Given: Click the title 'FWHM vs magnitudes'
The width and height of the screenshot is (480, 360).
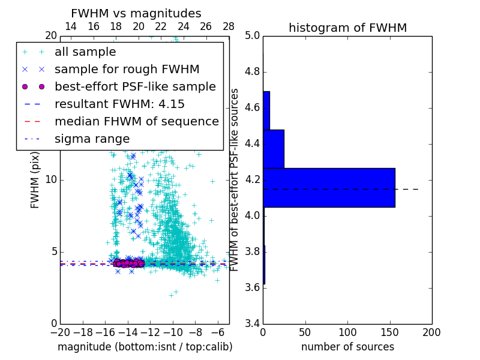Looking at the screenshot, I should point(136,13).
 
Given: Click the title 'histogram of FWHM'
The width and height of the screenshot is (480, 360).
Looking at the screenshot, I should point(347,28).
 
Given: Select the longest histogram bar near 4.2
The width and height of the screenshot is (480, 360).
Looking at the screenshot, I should point(329,187).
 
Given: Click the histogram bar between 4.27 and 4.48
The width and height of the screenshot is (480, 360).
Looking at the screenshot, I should point(274,149).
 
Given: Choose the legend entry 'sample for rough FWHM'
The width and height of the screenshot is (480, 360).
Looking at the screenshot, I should point(127,70).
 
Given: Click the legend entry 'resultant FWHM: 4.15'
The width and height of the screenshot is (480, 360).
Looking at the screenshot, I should point(119,104).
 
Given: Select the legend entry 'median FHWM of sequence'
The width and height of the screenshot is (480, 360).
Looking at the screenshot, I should point(136,122).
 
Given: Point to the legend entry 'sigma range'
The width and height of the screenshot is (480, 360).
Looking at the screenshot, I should point(92,139).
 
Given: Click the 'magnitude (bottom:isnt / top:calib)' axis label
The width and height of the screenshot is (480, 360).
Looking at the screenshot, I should point(145,347).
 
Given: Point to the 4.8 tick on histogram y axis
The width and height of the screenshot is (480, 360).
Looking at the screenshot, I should point(252,72).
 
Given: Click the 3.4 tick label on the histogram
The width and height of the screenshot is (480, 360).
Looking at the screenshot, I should point(252,323).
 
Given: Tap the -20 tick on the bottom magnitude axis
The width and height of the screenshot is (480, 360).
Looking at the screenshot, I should point(60,332).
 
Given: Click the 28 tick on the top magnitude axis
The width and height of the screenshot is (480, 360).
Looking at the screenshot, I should point(229,26).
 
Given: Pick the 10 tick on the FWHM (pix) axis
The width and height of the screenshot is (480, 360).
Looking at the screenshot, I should point(50,180).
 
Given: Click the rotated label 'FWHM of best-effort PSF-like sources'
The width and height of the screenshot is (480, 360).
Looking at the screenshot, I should point(235,179).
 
